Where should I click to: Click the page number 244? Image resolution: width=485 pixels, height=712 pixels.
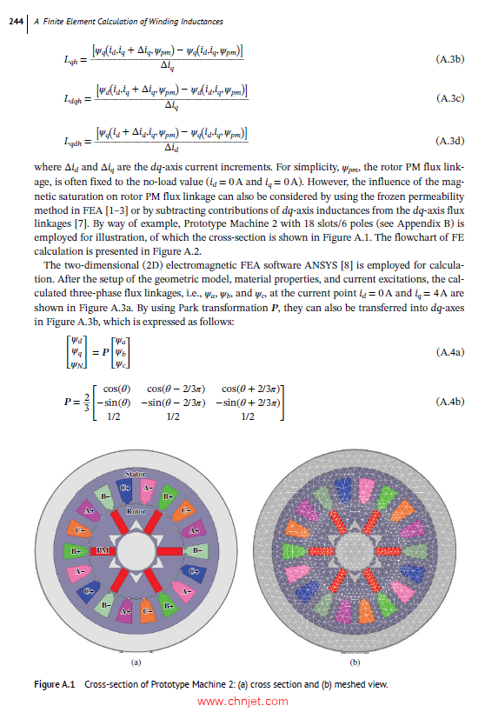pyautogui.click(x=13, y=20)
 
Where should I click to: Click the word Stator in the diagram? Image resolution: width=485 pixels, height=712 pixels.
pyautogui.click(x=135, y=475)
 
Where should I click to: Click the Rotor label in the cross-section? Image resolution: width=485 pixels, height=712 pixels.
pyautogui.click(x=136, y=512)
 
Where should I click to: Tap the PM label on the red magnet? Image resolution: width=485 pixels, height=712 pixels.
pyautogui.click(x=102, y=551)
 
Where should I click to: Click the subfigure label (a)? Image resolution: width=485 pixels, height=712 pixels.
pyautogui.click(x=135, y=660)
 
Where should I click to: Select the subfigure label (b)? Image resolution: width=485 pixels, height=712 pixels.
pyautogui.click(x=342, y=660)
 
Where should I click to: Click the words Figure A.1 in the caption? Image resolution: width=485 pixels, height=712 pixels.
pyautogui.click(x=55, y=684)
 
